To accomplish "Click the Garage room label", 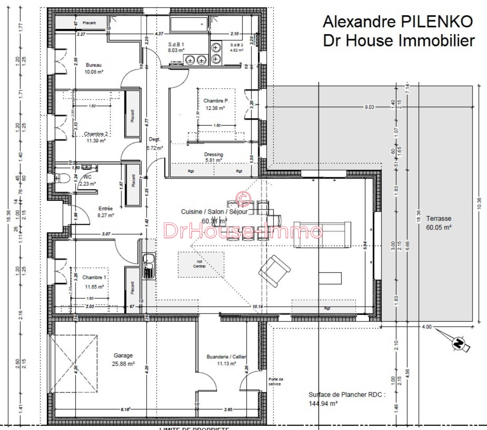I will [x=123, y=355].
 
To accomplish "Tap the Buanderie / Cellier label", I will [x=226, y=357].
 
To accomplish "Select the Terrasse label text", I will [x=439, y=219].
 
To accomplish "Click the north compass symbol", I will [x=459, y=344].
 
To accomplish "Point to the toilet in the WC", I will [x=62, y=178].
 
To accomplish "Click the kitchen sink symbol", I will [x=148, y=265].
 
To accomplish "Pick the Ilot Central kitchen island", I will [x=201, y=264].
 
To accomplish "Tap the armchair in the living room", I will [x=274, y=271].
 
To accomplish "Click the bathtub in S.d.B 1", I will [x=188, y=24].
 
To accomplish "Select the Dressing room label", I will [x=213, y=155].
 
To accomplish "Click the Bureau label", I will [x=94, y=65].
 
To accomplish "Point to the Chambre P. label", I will [x=216, y=101].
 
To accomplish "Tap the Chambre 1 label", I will [x=94, y=277].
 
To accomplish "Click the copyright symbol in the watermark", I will [x=243, y=198].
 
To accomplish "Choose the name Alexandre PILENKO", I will [x=398, y=22].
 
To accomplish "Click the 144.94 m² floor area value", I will [x=323, y=403].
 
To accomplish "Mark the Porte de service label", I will [x=276, y=381].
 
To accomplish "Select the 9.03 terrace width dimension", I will [x=369, y=107].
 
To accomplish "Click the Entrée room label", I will [x=106, y=209].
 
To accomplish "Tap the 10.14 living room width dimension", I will [x=257, y=306].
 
